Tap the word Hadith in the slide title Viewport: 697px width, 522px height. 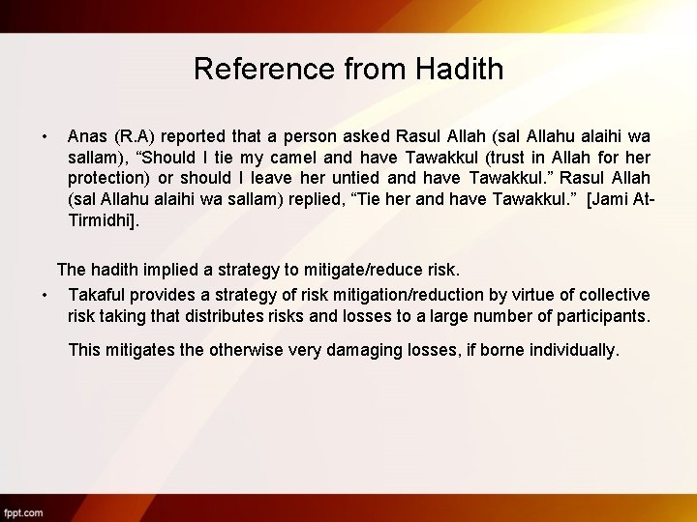460,69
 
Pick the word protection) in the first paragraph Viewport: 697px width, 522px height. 108,178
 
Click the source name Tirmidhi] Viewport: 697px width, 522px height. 105,220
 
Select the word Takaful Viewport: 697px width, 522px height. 97,294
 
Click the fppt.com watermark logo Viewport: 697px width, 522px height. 23,511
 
